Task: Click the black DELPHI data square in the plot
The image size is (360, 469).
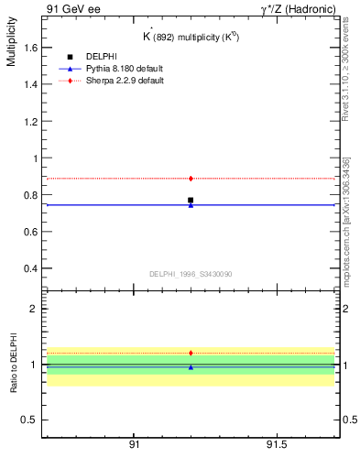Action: (191, 200)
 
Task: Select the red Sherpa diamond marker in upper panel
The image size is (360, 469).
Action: (191, 178)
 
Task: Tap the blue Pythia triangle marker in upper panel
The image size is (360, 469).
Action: (191, 205)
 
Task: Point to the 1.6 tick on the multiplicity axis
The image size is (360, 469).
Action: (27, 48)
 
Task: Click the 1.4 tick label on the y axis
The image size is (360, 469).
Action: (27, 84)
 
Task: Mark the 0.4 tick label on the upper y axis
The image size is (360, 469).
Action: (27, 268)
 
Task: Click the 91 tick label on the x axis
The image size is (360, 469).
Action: (134, 444)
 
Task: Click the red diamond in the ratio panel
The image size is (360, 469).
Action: (191, 353)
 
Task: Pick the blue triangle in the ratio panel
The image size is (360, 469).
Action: (191, 367)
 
